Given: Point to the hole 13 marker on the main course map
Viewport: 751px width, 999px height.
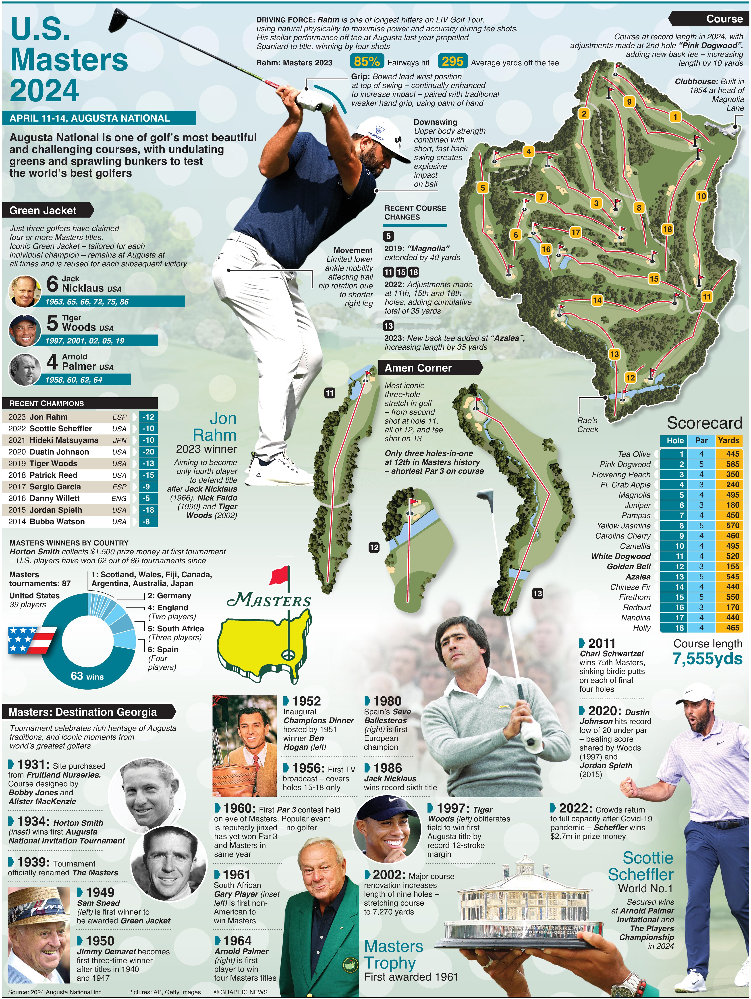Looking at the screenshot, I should point(614,354).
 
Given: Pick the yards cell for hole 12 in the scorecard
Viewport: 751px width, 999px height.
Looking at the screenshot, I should point(729,566).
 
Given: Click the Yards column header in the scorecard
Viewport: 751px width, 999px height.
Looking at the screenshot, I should point(728,440).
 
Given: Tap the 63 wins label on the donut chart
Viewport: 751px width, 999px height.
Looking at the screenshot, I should point(87,676).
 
